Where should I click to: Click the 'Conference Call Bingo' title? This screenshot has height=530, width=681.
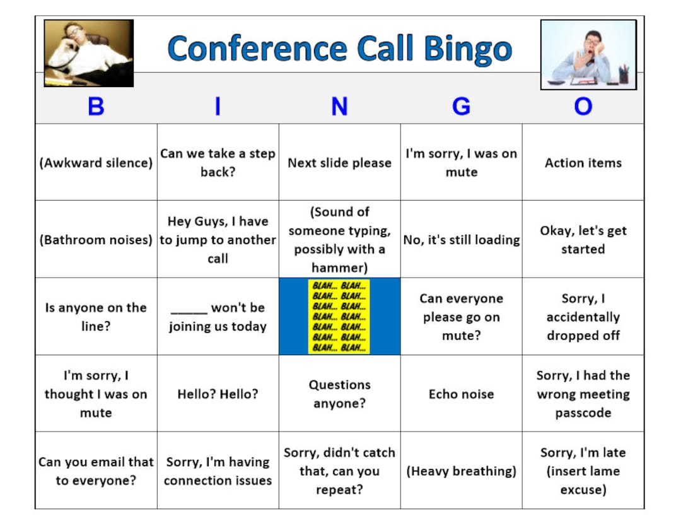pos(339,49)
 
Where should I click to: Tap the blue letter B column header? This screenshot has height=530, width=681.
pos(96,106)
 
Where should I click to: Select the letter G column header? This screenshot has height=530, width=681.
pos(461,106)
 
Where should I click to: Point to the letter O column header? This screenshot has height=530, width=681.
pos(583,106)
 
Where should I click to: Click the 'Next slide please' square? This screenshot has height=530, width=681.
pos(339,163)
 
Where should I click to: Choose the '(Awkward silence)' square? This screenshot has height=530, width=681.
pos(96,163)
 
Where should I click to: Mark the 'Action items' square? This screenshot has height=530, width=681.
pos(583,163)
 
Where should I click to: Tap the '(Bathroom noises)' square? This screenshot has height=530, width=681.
pos(96,240)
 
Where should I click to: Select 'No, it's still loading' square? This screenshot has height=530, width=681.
pos(461,240)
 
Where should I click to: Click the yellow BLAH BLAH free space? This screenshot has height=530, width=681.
pos(339,316)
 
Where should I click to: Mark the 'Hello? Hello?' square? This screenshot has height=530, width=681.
pos(218,394)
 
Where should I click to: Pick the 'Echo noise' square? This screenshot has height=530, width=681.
pos(461,394)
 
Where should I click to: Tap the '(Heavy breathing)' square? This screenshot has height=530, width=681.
pos(461,471)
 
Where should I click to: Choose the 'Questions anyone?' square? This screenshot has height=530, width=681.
pos(339,394)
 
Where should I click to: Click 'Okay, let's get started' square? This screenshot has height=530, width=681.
pos(583,240)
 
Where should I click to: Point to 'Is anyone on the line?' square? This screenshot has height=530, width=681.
pos(96,317)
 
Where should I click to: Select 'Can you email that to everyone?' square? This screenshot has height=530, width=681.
pos(96,471)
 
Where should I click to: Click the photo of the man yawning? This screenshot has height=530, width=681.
pos(588,54)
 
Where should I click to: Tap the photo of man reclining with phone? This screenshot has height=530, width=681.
pos(88,53)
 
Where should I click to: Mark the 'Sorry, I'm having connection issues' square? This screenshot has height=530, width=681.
pos(218,471)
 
